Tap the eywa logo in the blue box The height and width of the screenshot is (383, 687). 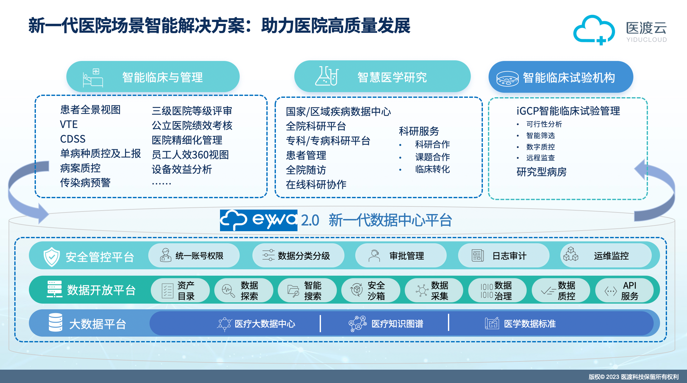point(258,220)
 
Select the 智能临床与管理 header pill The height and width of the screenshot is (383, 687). point(153,77)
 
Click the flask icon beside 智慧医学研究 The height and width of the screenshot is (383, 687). point(327,76)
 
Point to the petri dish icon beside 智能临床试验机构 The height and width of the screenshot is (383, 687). point(507,78)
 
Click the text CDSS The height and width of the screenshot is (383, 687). point(73,139)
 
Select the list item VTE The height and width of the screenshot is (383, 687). point(69,124)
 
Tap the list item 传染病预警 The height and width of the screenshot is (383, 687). point(85,183)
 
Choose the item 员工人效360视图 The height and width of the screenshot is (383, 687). point(190,155)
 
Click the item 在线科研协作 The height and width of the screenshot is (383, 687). point(316,185)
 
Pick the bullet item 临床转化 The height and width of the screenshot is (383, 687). point(432,169)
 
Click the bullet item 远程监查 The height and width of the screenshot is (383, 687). point(540,158)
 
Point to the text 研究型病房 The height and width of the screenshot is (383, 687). point(541,172)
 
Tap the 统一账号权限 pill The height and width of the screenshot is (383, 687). point(194,255)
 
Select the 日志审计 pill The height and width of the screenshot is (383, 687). point(504,255)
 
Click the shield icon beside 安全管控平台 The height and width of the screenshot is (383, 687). point(51,257)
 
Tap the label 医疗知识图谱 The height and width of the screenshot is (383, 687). point(397,324)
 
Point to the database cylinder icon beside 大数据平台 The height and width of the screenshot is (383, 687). point(56,322)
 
